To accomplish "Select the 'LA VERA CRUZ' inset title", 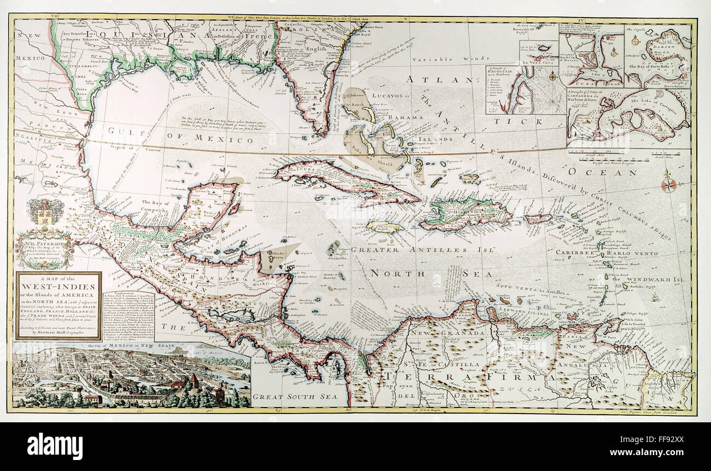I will point(540,62).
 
